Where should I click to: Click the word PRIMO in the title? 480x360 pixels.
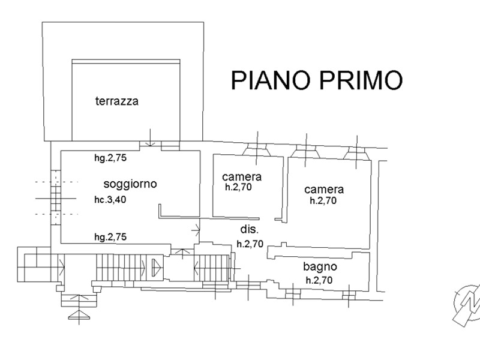(x=361, y=80)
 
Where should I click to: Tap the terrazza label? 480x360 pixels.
(x=116, y=101)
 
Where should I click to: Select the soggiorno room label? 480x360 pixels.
(x=130, y=184)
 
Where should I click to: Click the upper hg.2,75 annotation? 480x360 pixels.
(x=109, y=159)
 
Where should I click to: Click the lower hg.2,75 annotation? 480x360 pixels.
(x=109, y=237)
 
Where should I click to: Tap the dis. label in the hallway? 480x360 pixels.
(x=249, y=230)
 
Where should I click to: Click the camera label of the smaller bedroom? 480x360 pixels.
(x=241, y=176)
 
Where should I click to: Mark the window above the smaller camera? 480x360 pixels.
(x=258, y=150)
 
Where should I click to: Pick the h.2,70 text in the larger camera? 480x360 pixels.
(x=323, y=201)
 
